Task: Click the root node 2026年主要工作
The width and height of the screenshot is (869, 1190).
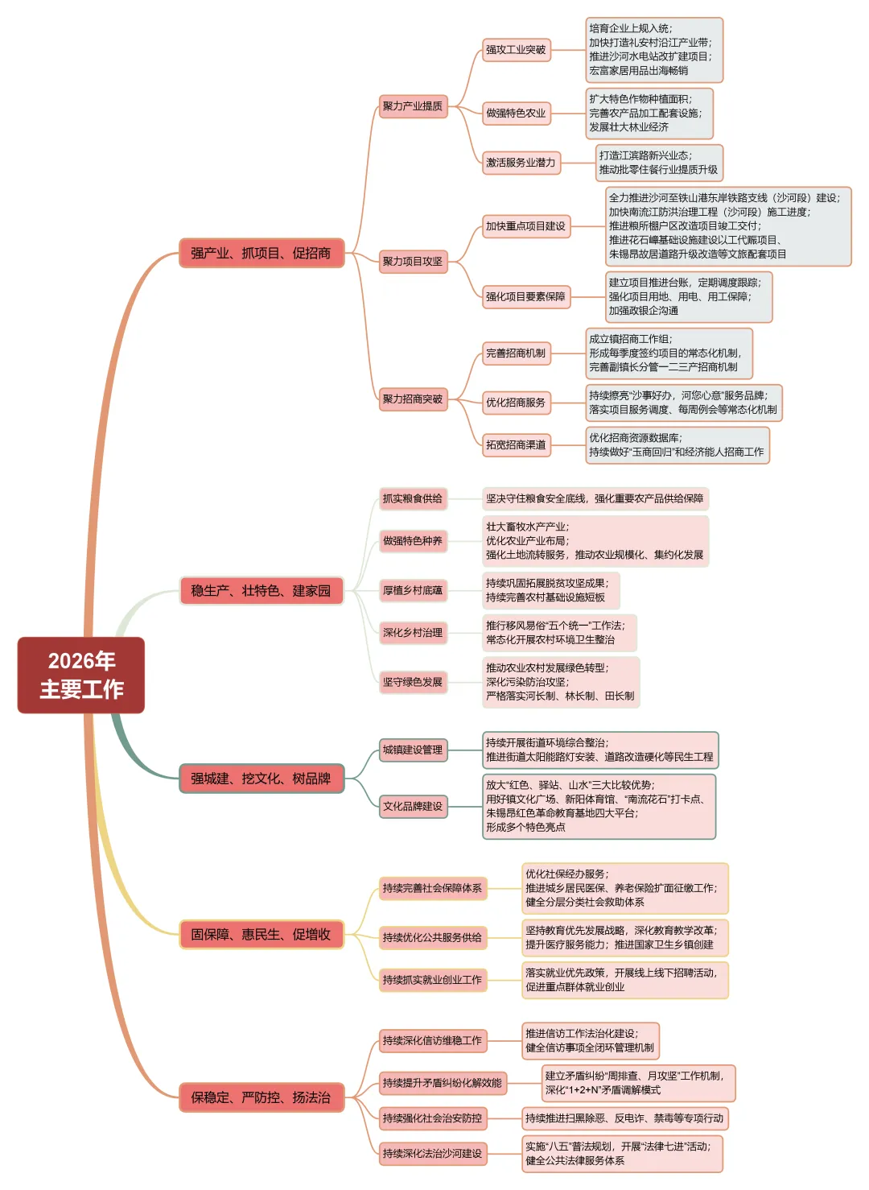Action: [81, 675]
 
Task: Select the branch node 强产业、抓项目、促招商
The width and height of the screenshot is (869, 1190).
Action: [261, 253]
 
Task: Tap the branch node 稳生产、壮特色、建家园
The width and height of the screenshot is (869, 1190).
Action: [261, 591]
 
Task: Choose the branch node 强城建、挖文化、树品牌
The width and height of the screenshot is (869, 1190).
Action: [261, 779]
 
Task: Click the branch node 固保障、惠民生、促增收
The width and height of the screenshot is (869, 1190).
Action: [261, 934]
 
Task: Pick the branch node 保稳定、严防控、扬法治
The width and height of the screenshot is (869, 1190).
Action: [261, 1097]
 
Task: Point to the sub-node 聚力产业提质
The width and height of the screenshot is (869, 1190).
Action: [413, 106]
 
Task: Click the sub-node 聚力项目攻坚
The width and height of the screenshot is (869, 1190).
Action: [413, 262]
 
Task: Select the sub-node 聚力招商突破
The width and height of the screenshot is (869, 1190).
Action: [413, 399]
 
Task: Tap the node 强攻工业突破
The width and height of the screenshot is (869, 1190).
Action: [516, 50]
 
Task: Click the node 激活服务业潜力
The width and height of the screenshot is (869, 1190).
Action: [521, 163]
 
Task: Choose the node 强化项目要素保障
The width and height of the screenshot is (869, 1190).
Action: [525, 297]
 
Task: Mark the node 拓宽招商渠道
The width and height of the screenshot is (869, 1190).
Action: [516, 444]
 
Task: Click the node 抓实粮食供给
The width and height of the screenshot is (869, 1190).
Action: [413, 499]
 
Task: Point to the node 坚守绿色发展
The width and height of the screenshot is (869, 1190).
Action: [413, 682]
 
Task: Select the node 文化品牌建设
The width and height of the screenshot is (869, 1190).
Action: [413, 806]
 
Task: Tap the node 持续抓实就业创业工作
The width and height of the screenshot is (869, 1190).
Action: [433, 980]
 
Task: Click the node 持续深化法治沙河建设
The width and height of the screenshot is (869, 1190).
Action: [433, 1154]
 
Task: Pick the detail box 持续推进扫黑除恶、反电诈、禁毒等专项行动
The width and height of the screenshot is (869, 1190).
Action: [624, 1118]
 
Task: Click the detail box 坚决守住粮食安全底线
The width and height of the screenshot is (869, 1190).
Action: [595, 499]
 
